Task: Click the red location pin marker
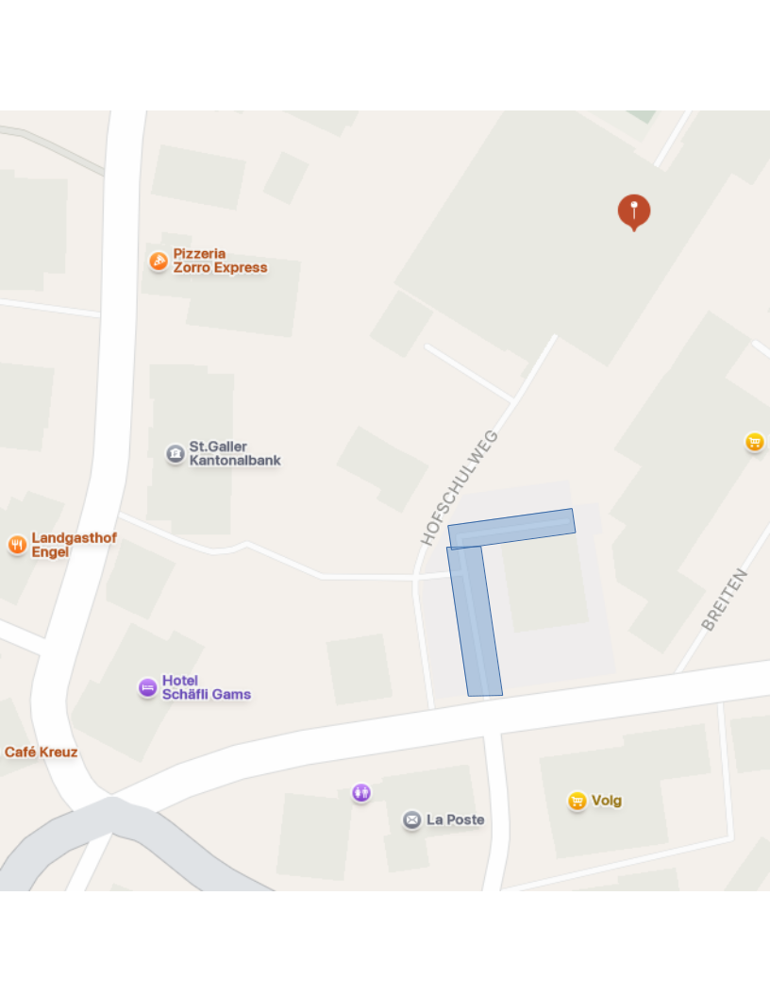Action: pos(634,211)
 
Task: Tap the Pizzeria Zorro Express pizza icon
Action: pos(159,261)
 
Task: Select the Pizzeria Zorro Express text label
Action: pos(220,261)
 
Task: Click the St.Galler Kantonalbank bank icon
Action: pos(176,453)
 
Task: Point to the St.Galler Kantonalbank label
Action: pos(235,453)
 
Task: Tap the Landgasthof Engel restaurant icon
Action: pos(17,545)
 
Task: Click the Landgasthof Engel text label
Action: pos(74,545)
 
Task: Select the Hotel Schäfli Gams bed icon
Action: pos(147,687)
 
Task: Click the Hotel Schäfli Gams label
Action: pos(206,687)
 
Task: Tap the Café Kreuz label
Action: pos(41,752)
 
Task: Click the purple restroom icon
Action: pos(361,792)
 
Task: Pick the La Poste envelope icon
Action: pos(411,820)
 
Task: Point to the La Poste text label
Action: pos(455,820)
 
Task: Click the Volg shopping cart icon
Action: pos(577,801)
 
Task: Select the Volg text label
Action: pos(607,801)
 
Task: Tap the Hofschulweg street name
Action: pos(460,488)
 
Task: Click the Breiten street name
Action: pos(725,600)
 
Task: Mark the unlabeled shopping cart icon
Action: pos(754,441)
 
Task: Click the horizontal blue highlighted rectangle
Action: pos(511,529)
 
